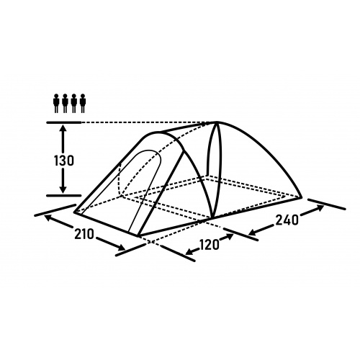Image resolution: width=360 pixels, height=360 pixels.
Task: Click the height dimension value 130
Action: pyautogui.click(x=63, y=161)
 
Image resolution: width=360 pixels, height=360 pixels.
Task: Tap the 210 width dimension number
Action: pyautogui.click(x=84, y=234)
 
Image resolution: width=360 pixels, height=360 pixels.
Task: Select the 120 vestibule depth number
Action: pyautogui.click(x=210, y=245)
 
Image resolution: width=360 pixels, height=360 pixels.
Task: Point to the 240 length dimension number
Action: pyautogui.click(x=287, y=220)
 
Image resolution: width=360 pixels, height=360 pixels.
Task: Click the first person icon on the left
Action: pyautogui.click(x=56, y=103)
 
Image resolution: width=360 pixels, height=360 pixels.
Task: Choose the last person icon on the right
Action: pyautogui.click(x=83, y=103)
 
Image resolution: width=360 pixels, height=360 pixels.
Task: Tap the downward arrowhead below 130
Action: pyautogui.click(x=63, y=189)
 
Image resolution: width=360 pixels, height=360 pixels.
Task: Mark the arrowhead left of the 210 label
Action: pyautogui.click(x=48, y=217)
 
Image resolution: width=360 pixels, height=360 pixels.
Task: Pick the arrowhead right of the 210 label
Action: pyautogui.click(x=121, y=247)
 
